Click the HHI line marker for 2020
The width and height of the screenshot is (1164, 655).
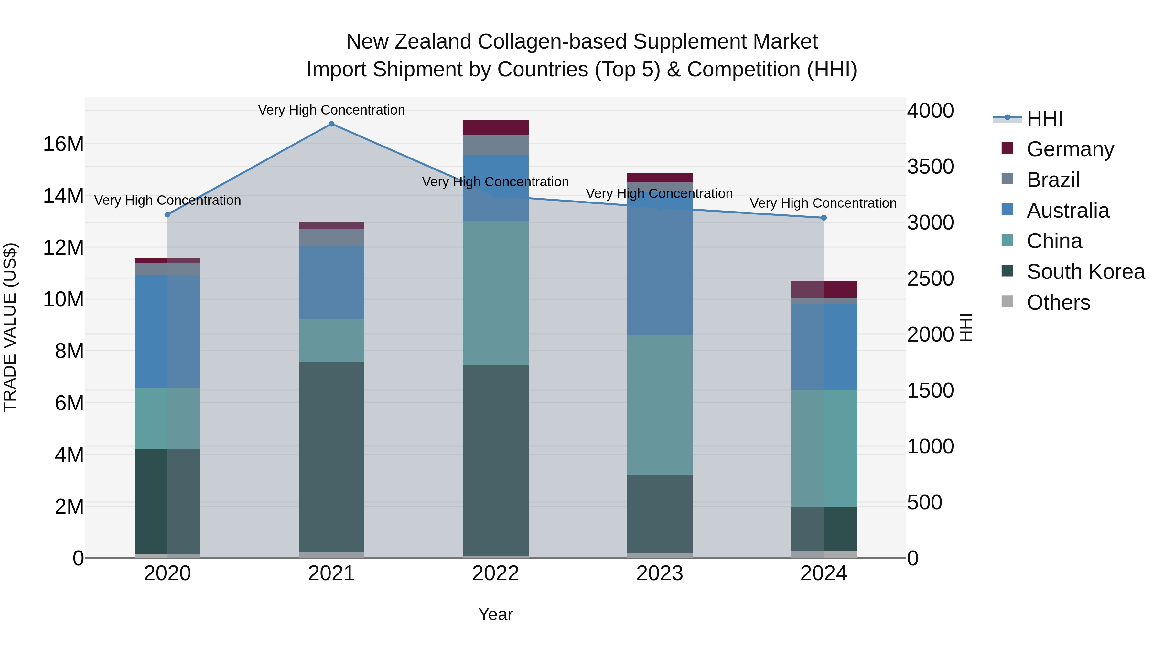[167, 215]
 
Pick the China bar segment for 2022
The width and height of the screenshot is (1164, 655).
[495, 293]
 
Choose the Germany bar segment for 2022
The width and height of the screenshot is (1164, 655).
[495, 127]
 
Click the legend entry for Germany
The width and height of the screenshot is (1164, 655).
[1070, 149]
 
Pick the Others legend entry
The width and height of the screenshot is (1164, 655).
[1058, 302]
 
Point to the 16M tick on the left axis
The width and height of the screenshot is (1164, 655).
[63, 144]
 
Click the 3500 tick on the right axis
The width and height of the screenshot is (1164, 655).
[930, 167]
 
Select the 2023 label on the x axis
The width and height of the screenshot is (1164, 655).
[659, 573]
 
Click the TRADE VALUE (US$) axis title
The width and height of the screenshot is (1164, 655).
[10, 327]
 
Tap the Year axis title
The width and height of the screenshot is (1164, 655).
[495, 614]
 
